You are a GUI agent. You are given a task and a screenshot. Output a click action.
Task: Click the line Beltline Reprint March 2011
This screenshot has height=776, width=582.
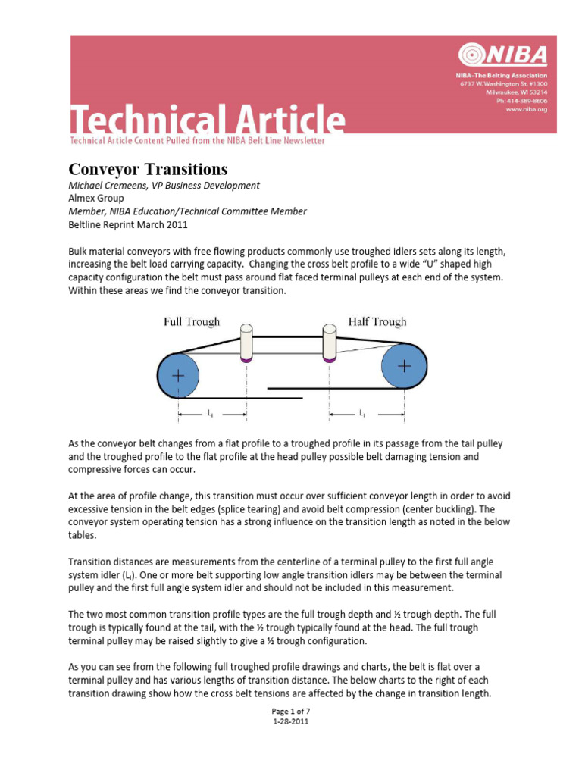127,224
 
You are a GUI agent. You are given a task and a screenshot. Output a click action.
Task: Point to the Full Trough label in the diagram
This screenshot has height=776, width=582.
192,322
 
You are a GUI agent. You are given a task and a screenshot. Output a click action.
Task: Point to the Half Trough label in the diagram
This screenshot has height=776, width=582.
377,321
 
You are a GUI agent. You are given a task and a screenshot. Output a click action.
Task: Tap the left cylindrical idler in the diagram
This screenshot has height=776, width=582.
246,343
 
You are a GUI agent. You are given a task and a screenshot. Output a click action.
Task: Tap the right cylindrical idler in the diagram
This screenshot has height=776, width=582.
330,343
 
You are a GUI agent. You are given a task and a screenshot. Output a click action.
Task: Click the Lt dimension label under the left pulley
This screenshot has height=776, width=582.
210,414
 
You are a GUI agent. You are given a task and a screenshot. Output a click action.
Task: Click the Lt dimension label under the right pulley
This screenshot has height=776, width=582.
362,414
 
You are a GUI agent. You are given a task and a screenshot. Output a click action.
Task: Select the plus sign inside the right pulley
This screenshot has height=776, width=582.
404,365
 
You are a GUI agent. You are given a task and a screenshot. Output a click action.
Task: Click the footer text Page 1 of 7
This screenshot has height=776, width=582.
290,711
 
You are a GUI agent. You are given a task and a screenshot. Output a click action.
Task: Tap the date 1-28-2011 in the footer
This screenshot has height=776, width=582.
290,721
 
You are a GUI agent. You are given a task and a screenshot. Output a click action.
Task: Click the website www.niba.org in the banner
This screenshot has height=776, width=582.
526,109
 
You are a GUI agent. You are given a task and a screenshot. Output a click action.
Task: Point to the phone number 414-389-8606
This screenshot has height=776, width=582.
527,101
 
